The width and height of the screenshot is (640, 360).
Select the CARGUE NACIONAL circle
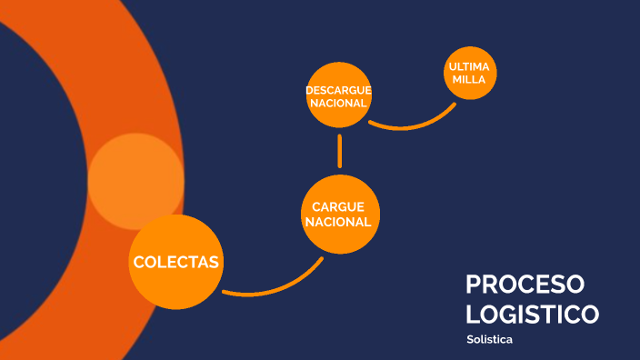point(338,215)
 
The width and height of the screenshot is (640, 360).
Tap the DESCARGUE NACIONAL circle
point(338,95)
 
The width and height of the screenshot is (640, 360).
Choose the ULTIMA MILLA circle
point(470,73)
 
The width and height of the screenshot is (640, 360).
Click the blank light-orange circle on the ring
point(135,180)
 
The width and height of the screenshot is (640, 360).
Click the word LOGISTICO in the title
point(532,315)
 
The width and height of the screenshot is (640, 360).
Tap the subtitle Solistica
point(489,339)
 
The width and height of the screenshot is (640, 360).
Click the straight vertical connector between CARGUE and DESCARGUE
point(339,152)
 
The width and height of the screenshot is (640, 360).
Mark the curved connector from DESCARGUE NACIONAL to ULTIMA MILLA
point(414,124)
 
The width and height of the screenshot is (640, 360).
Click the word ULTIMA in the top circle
point(470,67)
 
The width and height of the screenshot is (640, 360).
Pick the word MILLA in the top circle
point(470,80)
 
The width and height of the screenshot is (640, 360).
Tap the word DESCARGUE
point(338,90)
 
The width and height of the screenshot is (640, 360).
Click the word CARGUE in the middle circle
point(338,207)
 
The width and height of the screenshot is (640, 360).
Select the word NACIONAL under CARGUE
point(338,222)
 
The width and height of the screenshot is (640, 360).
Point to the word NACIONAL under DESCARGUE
point(338,103)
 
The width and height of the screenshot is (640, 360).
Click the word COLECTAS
point(176,262)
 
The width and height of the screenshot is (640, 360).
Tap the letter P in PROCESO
point(474,285)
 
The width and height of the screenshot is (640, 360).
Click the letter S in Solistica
point(469,339)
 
